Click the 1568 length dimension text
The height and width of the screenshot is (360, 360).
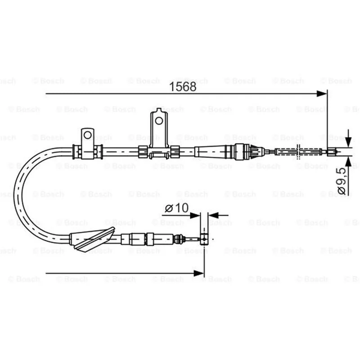point(183,86)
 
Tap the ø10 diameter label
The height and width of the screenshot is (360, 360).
point(176,208)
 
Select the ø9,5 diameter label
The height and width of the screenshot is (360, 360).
point(342,181)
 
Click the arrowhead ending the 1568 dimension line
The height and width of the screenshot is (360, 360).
point(321,94)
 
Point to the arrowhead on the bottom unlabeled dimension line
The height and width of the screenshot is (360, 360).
point(199,274)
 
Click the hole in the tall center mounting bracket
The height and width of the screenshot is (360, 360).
point(159,121)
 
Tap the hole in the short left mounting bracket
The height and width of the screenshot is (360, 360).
point(87,135)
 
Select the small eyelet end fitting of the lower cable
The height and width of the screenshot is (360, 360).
point(204,239)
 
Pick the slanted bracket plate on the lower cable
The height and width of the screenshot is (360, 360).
point(94,239)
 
